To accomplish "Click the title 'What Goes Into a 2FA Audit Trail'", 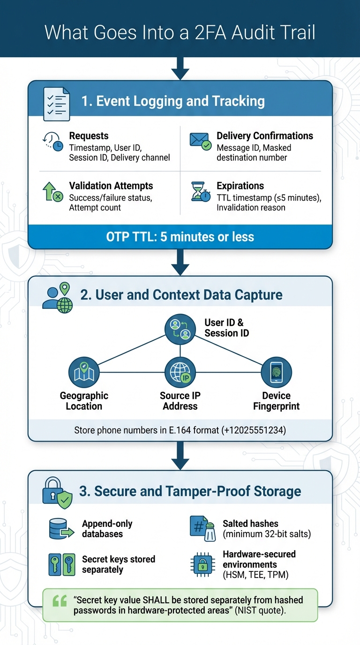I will pos(180,33).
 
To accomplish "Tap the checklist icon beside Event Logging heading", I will pos(56,101).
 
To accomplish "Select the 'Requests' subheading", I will pos(89,136).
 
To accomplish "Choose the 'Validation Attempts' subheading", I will pos(111,186).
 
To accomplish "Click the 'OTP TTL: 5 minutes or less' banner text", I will pos(180,237).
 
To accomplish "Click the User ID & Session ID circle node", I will pos(180,329).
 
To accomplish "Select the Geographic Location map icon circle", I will pos(84,373).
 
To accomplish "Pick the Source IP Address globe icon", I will pos(180,373).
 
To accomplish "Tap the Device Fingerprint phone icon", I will pos(276,373).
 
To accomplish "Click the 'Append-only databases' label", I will pos(107,529).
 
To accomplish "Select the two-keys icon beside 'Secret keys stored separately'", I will pos(61,564).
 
